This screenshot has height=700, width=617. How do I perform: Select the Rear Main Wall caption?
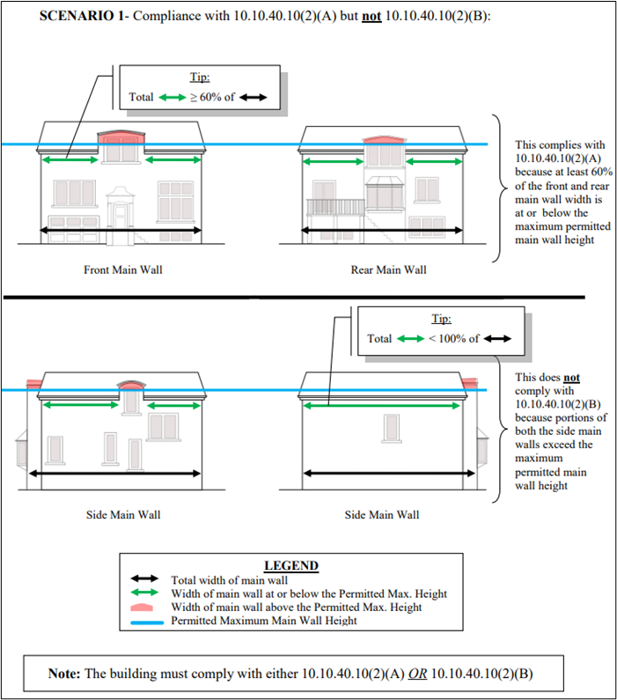point(387,269)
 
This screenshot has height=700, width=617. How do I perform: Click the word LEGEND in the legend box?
point(290,565)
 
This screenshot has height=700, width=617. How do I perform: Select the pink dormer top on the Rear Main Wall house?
point(383,139)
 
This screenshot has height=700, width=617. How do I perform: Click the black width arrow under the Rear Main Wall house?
point(383,231)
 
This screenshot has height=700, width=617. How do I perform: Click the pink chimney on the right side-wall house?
point(469,383)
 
